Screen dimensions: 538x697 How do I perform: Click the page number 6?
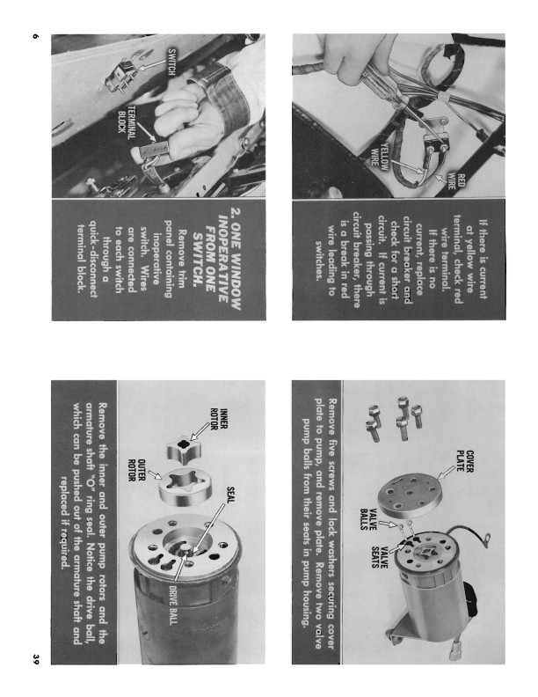[36, 36]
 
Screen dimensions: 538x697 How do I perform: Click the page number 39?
[36, 659]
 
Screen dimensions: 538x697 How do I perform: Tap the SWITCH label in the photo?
[171, 62]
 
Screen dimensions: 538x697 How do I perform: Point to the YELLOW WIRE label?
[380, 155]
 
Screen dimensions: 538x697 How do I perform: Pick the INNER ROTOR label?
[219, 419]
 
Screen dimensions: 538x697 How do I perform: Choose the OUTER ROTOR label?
[137, 470]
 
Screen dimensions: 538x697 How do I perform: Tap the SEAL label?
[231, 495]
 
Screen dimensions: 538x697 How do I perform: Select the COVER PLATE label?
[465, 462]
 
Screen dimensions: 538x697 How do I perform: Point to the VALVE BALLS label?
[368, 519]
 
